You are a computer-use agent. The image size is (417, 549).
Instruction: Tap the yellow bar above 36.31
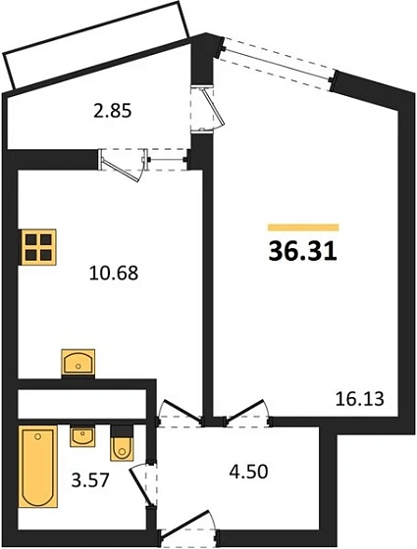[302, 227]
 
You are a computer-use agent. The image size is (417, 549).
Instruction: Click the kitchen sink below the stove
[78, 362]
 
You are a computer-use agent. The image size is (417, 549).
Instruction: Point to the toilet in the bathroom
[123, 443]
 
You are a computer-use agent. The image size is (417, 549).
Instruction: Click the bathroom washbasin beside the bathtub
[82, 435]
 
